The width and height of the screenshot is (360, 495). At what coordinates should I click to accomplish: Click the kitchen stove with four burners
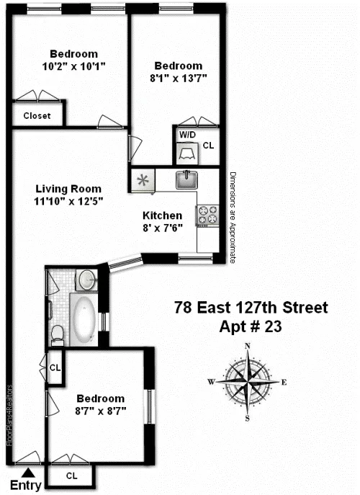pos(207,215)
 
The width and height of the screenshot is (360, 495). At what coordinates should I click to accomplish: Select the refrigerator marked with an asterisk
pos(143,180)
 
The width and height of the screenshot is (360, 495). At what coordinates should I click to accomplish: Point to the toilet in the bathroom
pos(58,334)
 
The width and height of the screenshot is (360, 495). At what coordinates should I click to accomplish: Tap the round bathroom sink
pos(88,280)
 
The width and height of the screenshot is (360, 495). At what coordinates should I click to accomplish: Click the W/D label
pos(187,135)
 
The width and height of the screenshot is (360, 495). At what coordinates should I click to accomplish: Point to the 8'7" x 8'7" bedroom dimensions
pos(100,411)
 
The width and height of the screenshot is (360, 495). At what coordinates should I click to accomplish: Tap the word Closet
pos(37,115)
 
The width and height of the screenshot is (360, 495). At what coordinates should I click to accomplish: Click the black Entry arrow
pos(27,472)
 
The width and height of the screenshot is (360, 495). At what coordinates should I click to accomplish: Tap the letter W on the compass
pos(212,382)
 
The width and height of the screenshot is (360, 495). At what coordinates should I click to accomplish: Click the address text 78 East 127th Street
pos(251,308)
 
